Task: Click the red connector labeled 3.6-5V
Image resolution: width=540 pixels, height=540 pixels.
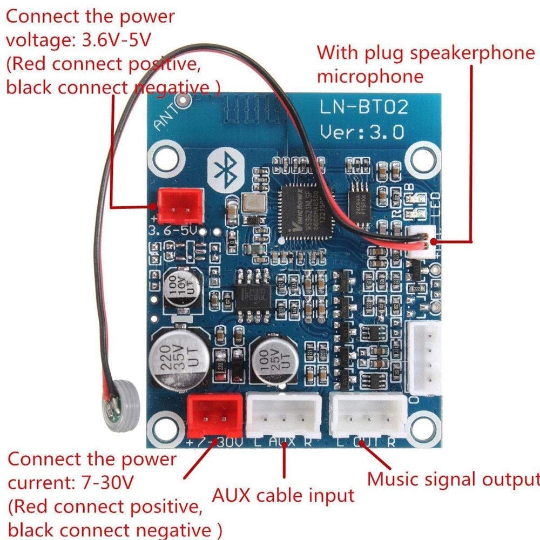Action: tap(178, 204)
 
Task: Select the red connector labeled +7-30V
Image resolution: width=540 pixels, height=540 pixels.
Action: tap(215, 415)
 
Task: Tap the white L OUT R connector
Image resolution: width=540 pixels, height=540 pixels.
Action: tap(368, 415)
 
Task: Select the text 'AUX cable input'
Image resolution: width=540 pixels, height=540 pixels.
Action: tap(283, 494)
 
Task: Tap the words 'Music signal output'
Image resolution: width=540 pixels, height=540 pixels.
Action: tap(453, 478)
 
